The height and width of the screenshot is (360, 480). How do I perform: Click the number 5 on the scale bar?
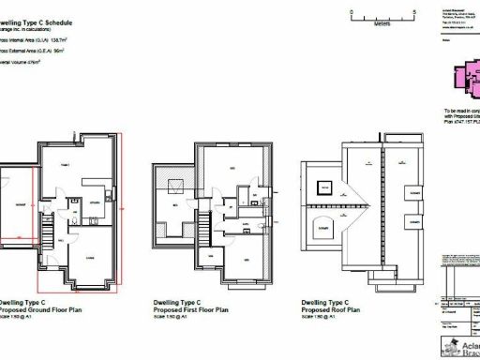[413, 11]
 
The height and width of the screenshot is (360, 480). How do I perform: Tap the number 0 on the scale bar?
[350, 11]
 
